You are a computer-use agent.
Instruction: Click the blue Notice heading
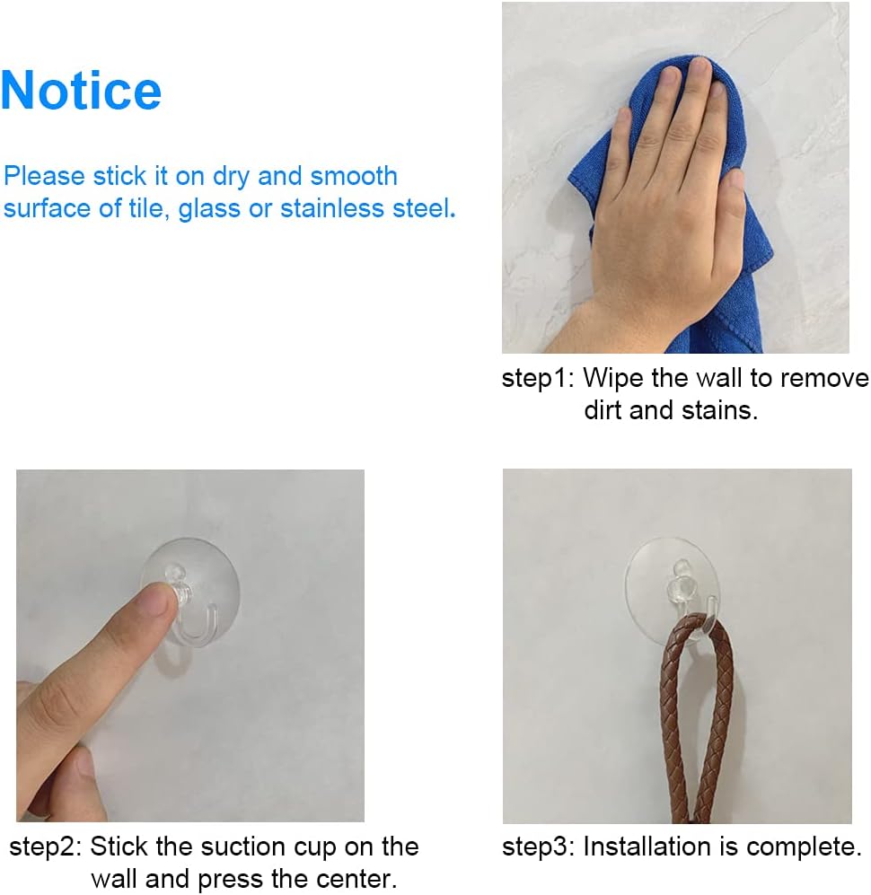[81, 90]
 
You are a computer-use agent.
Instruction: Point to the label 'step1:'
[536, 378]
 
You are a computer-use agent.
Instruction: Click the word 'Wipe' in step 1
[613, 378]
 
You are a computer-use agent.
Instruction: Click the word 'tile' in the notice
[141, 209]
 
